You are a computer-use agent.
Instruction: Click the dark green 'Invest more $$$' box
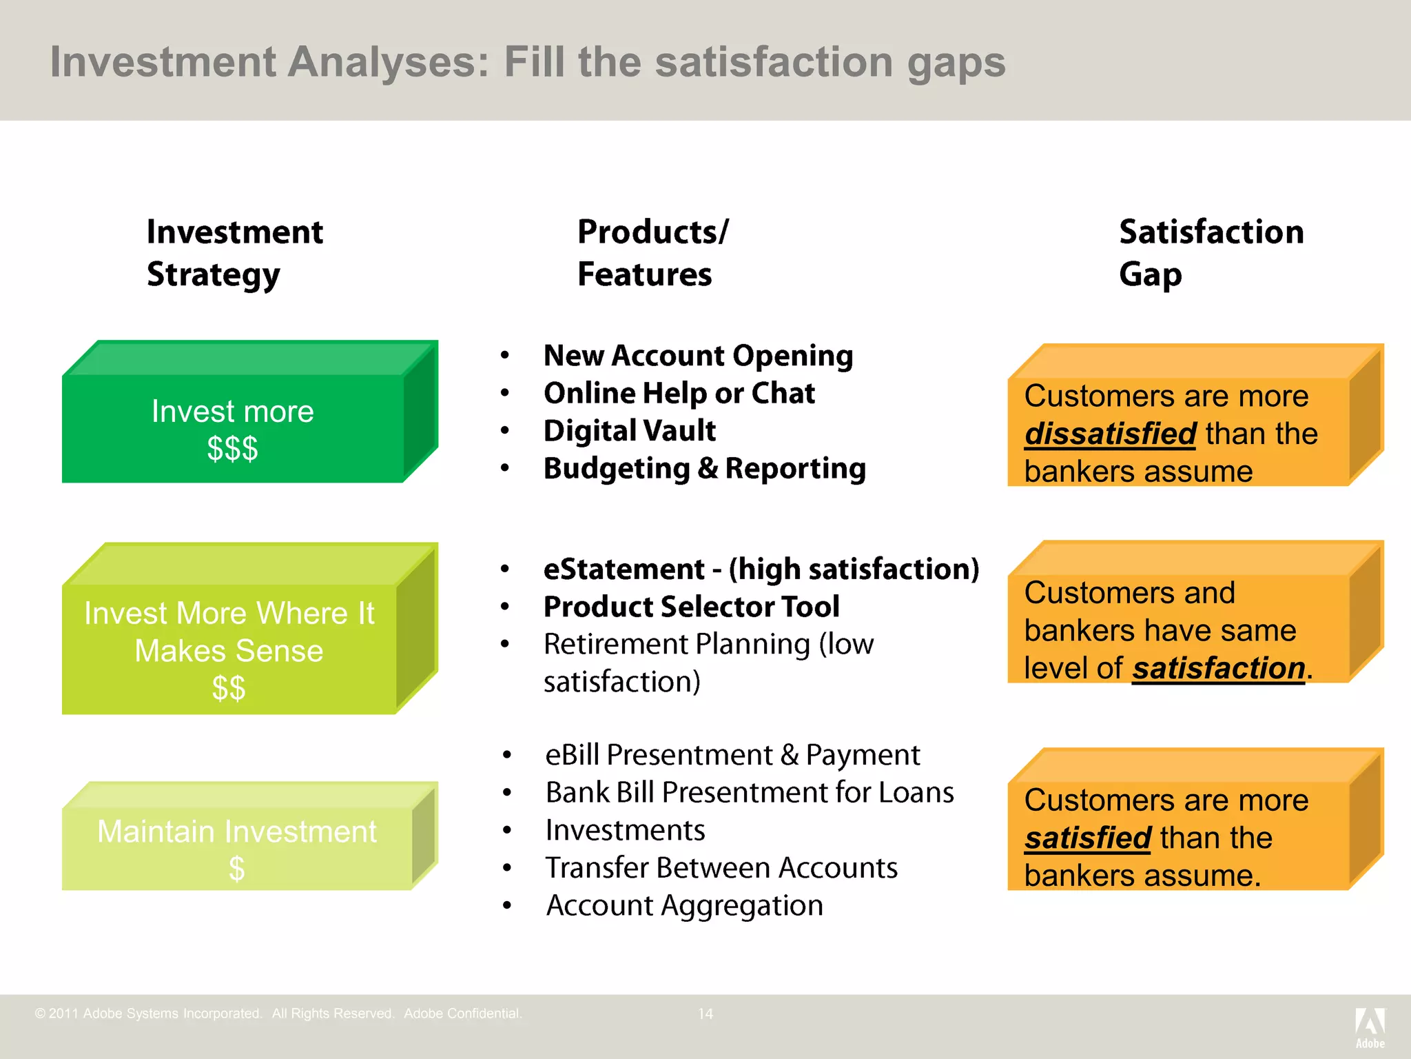click(233, 429)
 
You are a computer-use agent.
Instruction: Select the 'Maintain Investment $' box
click(236, 848)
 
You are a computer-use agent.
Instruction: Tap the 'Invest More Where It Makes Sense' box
click(229, 649)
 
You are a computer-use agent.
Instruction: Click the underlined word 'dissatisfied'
click(1110, 434)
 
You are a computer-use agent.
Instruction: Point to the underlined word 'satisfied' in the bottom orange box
click(1087, 838)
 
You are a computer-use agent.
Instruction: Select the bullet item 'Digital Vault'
click(629, 431)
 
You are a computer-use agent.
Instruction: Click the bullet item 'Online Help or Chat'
click(679, 394)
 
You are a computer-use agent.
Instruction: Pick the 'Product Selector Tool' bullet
click(691, 607)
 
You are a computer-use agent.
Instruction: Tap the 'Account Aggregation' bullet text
click(684, 905)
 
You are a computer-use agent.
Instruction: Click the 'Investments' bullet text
click(625, 830)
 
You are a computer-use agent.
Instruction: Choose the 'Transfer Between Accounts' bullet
click(721, 868)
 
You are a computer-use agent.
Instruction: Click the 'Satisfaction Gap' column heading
click(1210, 252)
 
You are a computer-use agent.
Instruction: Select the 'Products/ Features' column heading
click(652, 252)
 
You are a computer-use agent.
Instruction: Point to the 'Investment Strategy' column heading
click(234, 252)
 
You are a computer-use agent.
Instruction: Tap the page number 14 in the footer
click(705, 1013)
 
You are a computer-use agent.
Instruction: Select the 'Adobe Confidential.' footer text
click(463, 1013)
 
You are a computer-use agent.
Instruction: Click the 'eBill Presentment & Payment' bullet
click(732, 755)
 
